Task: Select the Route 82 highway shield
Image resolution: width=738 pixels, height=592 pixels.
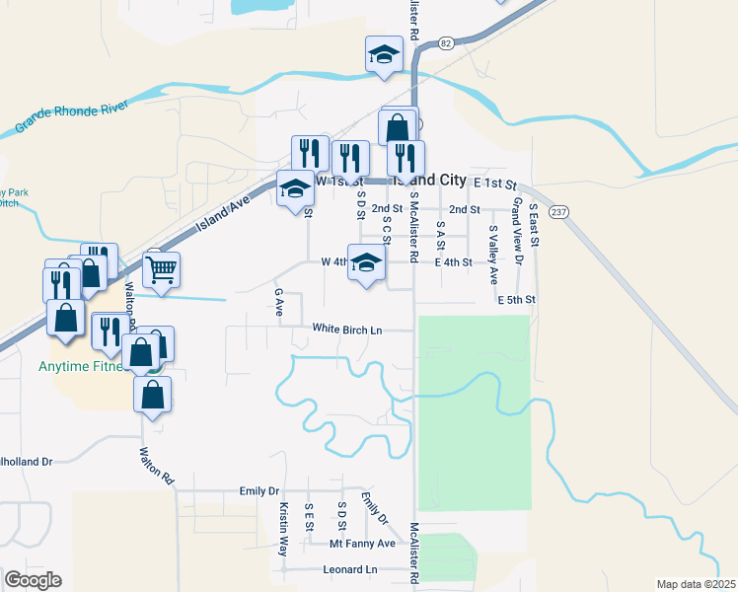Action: tap(447, 42)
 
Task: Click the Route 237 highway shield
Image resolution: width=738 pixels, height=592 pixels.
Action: tap(559, 213)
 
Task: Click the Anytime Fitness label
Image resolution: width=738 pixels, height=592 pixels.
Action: tap(91, 367)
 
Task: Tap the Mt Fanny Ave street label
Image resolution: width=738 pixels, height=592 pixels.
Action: tap(362, 544)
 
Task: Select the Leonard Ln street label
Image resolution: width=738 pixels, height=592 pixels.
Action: tap(350, 570)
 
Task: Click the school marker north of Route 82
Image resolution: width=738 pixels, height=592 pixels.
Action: tap(384, 54)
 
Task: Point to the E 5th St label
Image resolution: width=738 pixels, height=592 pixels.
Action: tap(516, 299)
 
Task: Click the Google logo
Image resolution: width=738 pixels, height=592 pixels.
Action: tap(33, 580)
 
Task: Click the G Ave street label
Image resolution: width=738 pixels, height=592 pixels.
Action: tap(279, 303)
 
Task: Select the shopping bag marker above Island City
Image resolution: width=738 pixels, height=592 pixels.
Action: tap(398, 127)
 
